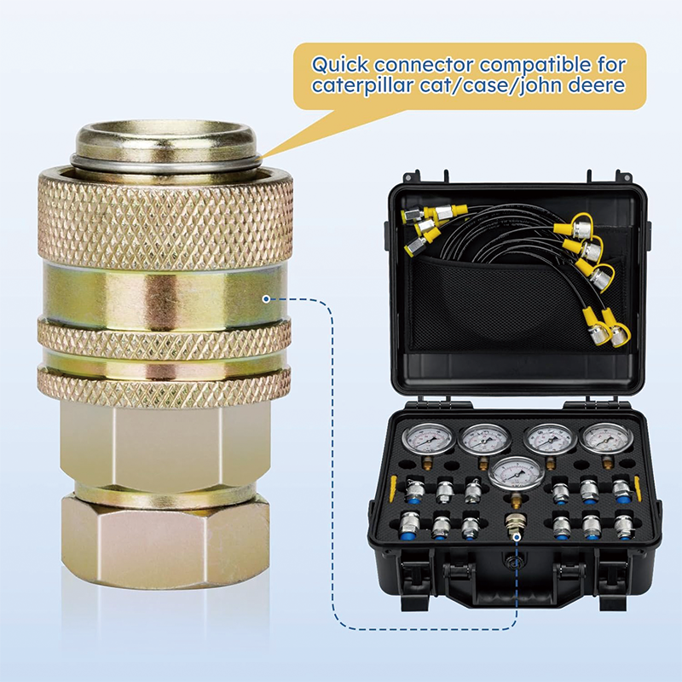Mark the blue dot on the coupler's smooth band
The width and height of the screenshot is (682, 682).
tap(267, 298)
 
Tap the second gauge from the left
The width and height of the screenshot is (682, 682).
tap(483, 441)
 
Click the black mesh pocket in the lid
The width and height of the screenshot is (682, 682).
tap(494, 307)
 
